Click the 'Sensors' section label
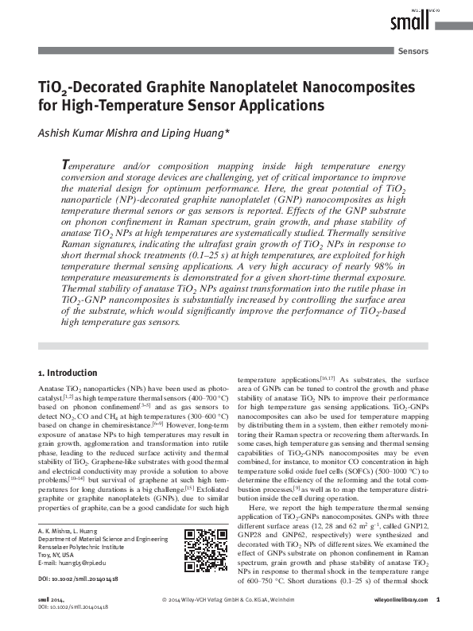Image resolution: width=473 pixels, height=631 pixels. point(411,51)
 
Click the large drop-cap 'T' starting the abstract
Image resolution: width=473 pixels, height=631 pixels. point(66,164)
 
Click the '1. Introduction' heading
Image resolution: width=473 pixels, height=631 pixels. point(68,373)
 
